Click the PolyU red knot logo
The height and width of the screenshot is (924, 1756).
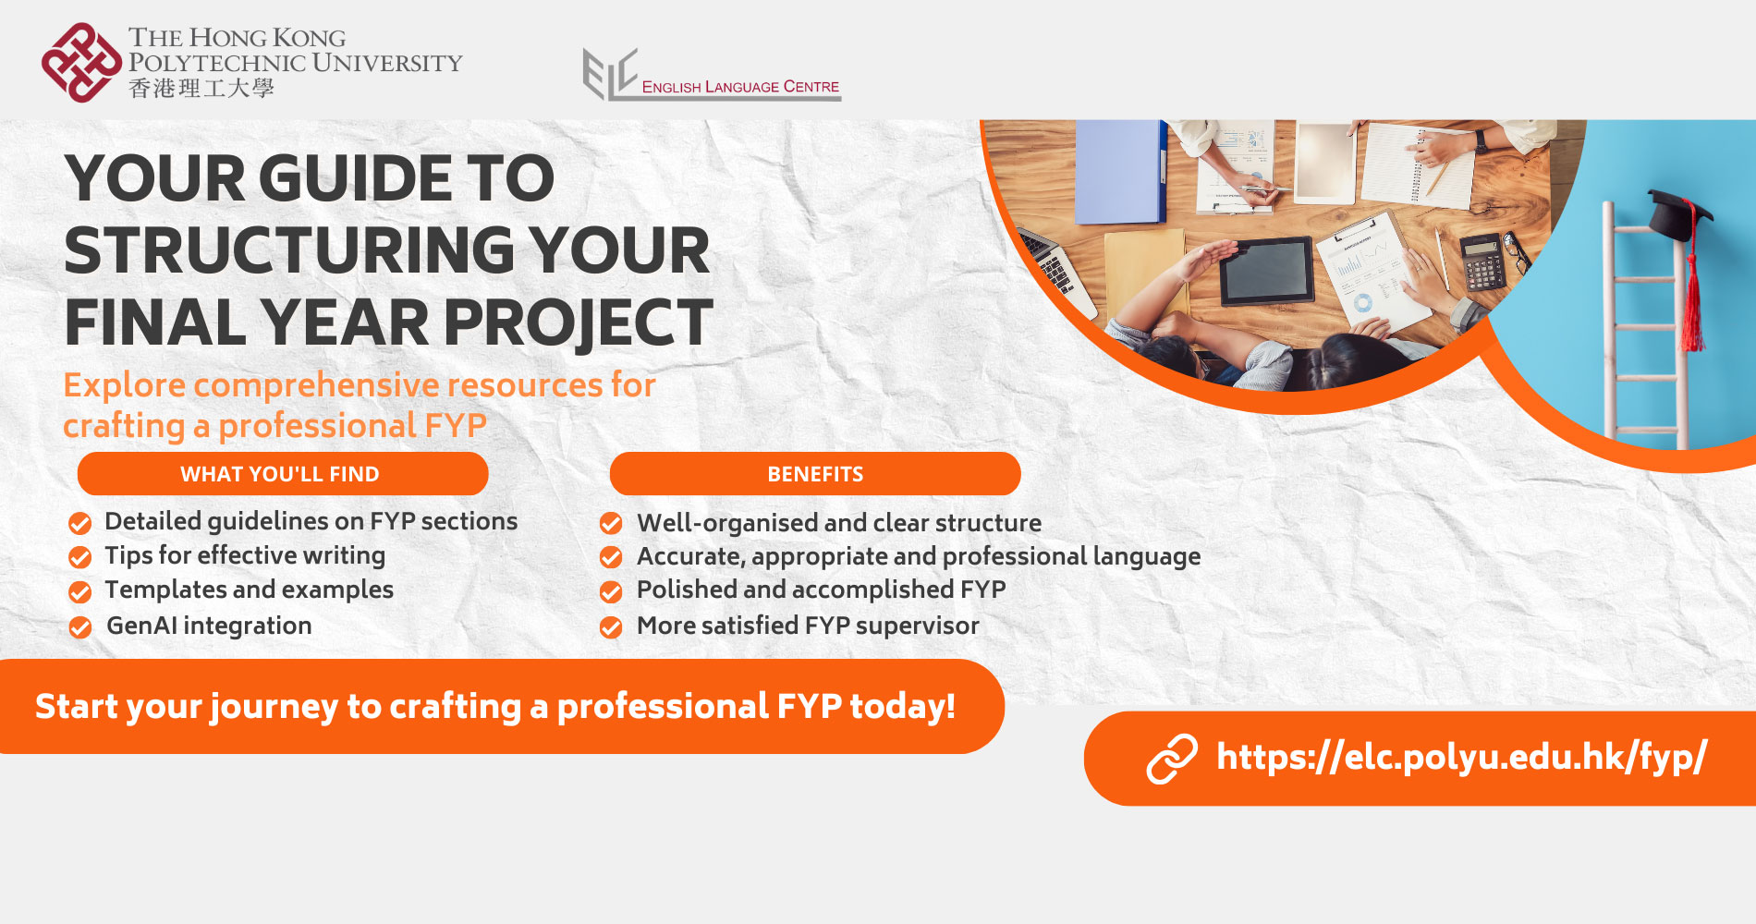click(x=81, y=63)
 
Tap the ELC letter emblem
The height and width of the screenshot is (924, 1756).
click(x=610, y=73)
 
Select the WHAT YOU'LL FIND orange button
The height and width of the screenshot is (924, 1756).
click(x=282, y=474)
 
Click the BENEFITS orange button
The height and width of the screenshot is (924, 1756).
click(x=814, y=474)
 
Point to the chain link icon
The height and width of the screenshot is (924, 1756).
click(x=1172, y=759)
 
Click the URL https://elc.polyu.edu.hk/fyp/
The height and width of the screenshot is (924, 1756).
click(x=1461, y=757)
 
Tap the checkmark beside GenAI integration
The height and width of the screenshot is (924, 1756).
click(x=80, y=627)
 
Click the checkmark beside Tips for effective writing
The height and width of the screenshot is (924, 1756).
click(x=80, y=557)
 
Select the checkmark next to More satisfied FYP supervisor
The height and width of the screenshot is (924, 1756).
click(x=611, y=627)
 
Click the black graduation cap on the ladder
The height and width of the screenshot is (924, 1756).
click(x=1677, y=214)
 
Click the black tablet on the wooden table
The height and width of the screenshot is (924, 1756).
click(x=1266, y=271)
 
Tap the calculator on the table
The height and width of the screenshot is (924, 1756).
click(x=1482, y=261)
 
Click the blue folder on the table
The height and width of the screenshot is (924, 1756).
click(x=1119, y=171)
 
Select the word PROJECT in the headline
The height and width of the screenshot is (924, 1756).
click(x=578, y=323)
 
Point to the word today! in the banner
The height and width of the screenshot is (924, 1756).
click(x=902, y=707)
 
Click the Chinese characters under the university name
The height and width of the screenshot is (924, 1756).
click(x=201, y=89)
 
